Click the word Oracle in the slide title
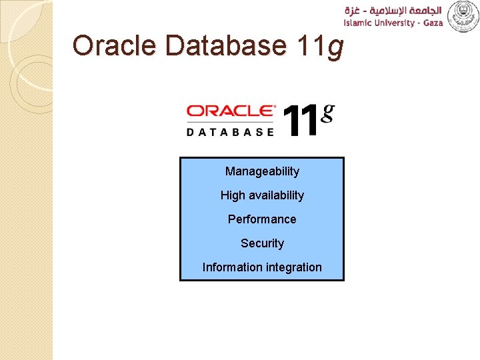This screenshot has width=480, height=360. click(115, 46)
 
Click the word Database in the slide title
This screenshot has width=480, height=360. click(226, 46)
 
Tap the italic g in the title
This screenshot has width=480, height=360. click(335, 48)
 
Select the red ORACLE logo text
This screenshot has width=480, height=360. click(231, 111)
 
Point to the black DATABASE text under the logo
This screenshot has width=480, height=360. click(231, 131)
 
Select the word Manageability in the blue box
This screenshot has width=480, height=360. click(262, 171)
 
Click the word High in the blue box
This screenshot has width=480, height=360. click(233, 195)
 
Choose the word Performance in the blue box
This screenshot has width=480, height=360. click(262, 219)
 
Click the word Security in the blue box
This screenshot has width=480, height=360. click(262, 243)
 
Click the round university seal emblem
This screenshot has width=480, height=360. click(463, 16)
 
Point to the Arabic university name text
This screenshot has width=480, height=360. click(393, 10)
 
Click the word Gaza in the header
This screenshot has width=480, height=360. click(431, 23)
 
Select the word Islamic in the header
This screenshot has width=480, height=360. click(359, 23)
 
